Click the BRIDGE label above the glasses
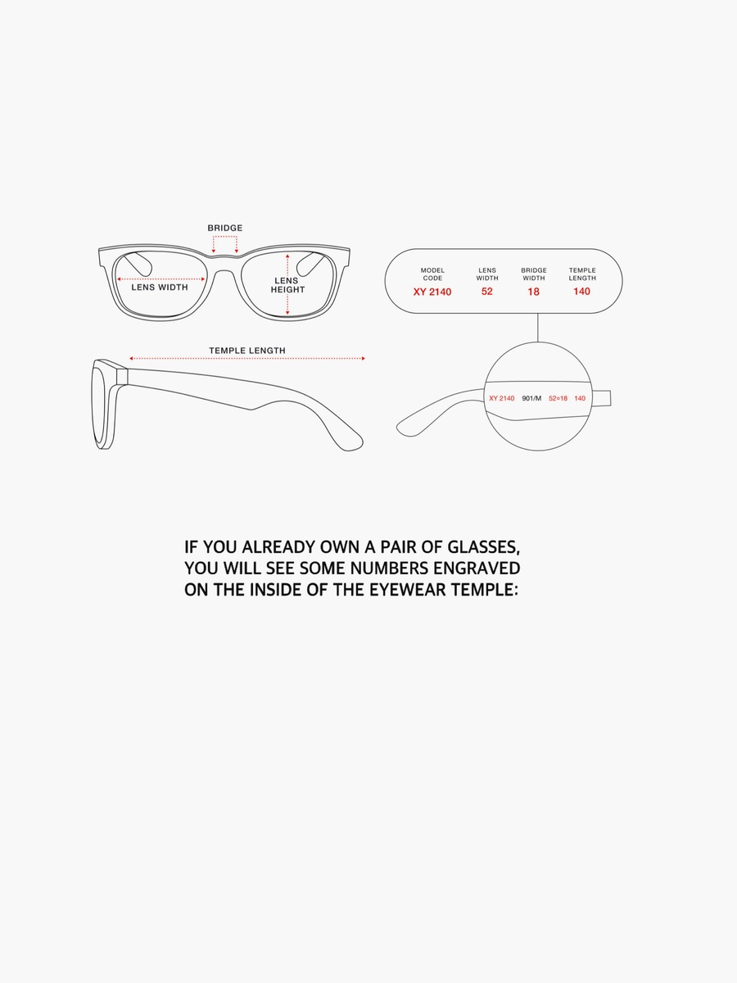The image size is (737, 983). click(224, 228)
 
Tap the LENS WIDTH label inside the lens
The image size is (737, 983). click(160, 288)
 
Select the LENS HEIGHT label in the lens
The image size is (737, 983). click(287, 285)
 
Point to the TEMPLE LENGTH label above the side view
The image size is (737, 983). click(247, 351)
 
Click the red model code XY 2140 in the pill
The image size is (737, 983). click(432, 292)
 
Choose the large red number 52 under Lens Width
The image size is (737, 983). click(487, 292)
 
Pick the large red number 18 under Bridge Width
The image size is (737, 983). click(533, 292)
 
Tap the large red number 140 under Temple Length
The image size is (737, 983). click(581, 292)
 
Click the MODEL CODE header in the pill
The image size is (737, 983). click(432, 274)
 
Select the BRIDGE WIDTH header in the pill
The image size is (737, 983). click(534, 274)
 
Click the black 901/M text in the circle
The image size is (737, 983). click(531, 398)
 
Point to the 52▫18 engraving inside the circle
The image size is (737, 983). click(558, 398)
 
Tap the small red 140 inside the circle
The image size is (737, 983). click(580, 398)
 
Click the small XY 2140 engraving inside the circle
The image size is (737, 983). click(502, 398)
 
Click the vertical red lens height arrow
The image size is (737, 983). click(287, 284)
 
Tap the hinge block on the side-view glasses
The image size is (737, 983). click(122, 376)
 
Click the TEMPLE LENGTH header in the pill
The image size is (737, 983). click(582, 274)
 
